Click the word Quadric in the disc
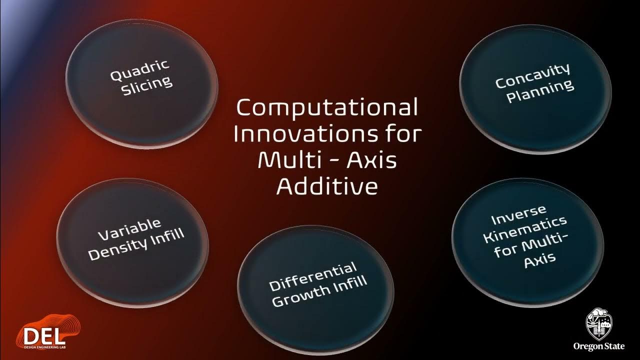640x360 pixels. [140, 70]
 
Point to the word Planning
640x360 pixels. [540, 90]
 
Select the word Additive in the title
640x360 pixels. [327, 186]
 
